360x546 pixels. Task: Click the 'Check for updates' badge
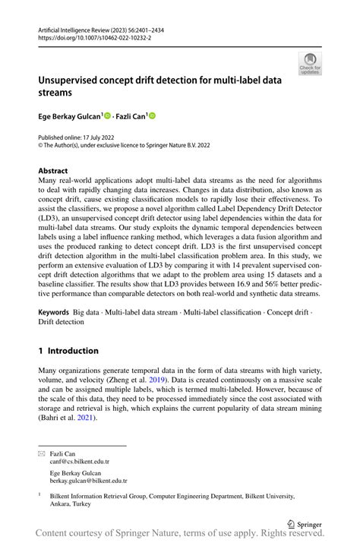[310, 63]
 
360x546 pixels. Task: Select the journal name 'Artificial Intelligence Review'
[77, 27]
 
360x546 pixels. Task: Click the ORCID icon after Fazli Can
[152, 115]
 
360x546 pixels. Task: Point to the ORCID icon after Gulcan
[107, 115]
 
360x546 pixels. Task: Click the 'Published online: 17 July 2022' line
[81, 137]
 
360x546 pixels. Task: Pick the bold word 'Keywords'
[53, 312]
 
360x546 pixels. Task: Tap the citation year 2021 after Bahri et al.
[84, 417]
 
